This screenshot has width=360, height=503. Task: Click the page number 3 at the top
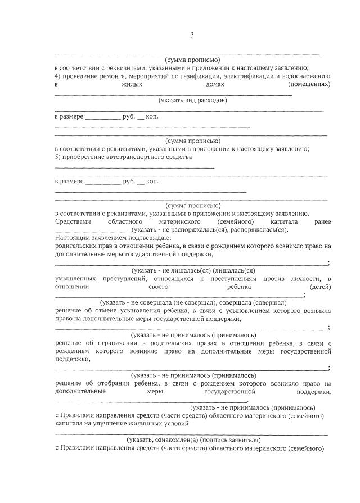point(192,35)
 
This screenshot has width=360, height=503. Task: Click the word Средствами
point(72,222)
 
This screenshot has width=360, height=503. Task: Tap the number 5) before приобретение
point(57,157)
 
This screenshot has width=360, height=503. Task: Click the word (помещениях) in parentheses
point(308,84)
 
